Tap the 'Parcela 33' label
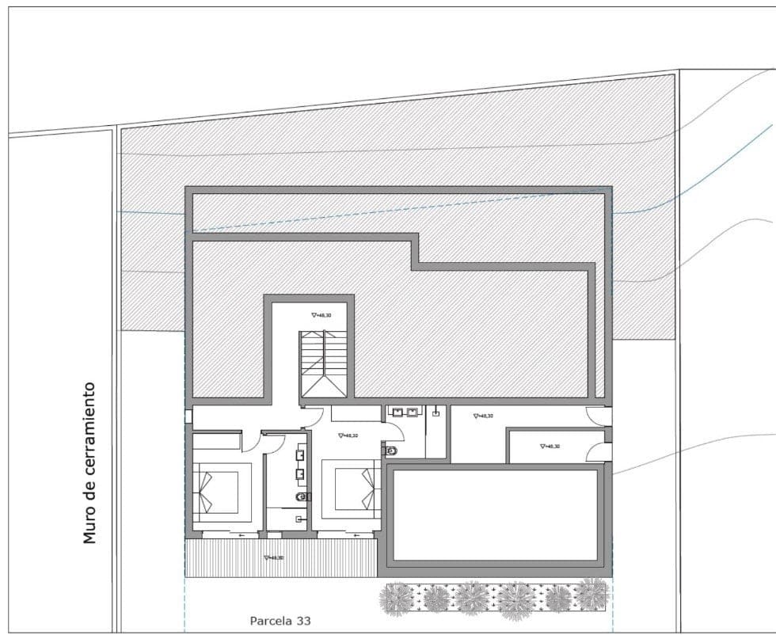(280, 622)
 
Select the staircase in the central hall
(323, 365)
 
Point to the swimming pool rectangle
(496, 515)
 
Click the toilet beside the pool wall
(390, 450)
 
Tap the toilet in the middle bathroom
(301, 496)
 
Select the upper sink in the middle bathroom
(301, 455)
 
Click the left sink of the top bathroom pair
(398, 412)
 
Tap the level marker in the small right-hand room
(550, 447)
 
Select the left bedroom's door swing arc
(252, 442)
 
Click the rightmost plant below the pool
(591, 594)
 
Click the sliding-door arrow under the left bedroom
(239, 535)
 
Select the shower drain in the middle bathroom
(299, 519)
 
